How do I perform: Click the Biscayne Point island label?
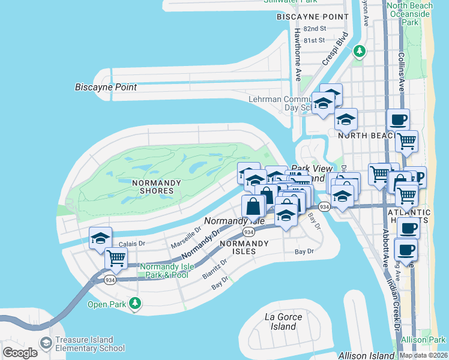106,88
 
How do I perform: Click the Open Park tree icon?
136,304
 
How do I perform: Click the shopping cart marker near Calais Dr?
116,259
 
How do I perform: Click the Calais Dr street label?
131,244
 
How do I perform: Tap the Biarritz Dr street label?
215,267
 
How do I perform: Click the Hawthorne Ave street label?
297,55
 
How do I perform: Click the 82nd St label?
314,28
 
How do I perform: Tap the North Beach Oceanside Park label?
410,14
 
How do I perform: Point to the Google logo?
20,352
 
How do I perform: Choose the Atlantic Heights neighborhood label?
409,217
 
